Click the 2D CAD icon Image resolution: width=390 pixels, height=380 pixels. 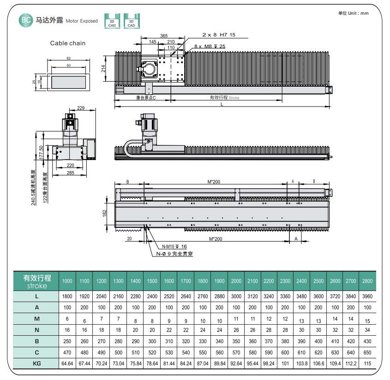click(x=112, y=21)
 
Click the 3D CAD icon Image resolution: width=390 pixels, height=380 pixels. click(x=131, y=21)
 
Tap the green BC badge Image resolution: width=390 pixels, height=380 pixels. click(x=25, y=20)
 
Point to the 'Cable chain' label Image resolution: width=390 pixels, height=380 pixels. click(x=68, y=43)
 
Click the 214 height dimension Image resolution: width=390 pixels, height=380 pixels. click(x=104, y=69)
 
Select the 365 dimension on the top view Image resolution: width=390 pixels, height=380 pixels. click(x=163, y=36)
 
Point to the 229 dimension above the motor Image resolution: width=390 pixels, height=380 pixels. click(x=81, y=108)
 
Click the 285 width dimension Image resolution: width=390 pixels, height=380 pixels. click(x=70, y=173)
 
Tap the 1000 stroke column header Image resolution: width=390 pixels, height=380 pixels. click(x=67, y=281)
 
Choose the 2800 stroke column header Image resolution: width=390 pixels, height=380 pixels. click(x=367, y=281)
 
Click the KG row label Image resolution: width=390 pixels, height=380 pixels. click(x=37, y=363)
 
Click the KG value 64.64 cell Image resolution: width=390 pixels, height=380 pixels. click(x=67, y=363)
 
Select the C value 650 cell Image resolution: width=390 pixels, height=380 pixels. click(x=367, y=352)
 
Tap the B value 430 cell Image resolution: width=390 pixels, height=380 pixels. click(x=367, y=341)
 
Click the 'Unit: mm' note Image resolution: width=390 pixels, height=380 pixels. click(x=354, y=13)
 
